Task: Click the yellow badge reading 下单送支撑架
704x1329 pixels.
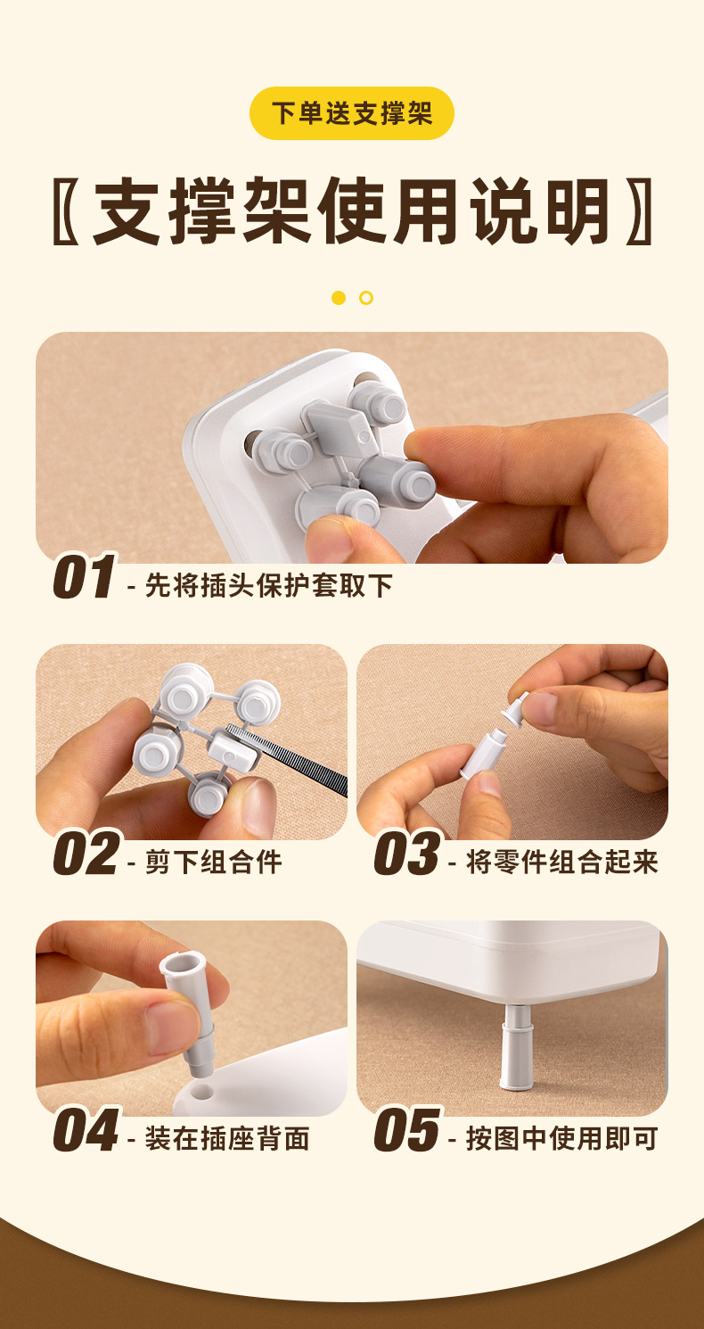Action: pos(351,113)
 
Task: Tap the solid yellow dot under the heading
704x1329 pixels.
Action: pos(339,298)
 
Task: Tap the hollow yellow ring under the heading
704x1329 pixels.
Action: pos(366,298)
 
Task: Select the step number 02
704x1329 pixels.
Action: pos(86,854)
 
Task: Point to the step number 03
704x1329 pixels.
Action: pos(408,854)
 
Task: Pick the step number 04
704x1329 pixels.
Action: pos(86,1129)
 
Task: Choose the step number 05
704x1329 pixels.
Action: pos(408,1129)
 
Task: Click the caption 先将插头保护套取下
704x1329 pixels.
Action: pos(268,586)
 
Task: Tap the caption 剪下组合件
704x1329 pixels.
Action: pos(213,863)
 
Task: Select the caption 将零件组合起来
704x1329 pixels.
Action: pos(561,863)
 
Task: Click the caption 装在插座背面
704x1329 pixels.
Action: pos(227,1138)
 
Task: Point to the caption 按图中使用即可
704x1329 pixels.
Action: pos(561,1138)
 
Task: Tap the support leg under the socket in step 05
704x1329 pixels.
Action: pos(516,1047)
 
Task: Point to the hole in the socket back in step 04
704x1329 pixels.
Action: pos(202,1092)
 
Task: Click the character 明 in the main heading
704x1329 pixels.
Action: pos(577,210)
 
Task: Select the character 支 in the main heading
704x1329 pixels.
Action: pos(127,210)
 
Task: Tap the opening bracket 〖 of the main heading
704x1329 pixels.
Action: pos(65,210)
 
